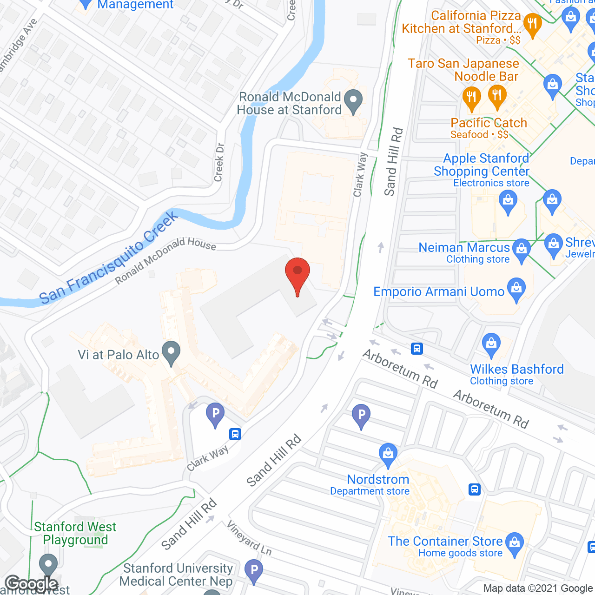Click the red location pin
pos(297,272)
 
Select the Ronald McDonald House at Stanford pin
pos(354,100)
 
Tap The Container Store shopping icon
pos(514,543)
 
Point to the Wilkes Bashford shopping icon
pos(491,344)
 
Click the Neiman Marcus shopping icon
pos(522,250)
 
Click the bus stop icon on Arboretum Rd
pos(417,348)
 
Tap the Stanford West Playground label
pos(75,533)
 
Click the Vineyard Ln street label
pos(249,538)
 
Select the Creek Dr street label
pos(219,162)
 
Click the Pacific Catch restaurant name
pos(489,123)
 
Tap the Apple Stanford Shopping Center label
pos(482,165)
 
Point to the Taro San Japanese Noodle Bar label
pos(463,70)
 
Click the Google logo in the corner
pos(31,584)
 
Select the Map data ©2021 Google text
pos(538,588)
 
